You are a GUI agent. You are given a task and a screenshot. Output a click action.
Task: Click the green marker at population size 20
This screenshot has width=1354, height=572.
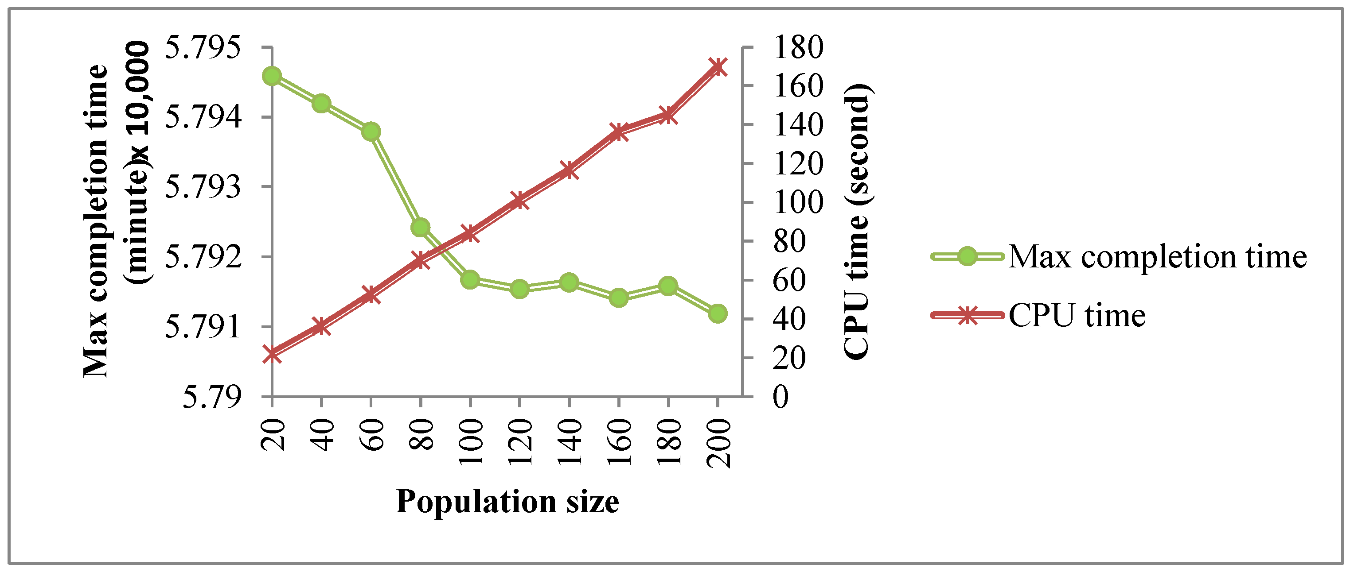click(x=272, y=76)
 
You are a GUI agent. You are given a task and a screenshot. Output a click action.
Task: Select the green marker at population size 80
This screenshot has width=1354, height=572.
click(x=421, y=228)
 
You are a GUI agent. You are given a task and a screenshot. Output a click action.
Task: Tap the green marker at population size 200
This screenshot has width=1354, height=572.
click(x=718, y=313)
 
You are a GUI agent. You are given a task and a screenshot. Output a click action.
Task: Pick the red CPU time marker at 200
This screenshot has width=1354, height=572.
click(x=718, y=67)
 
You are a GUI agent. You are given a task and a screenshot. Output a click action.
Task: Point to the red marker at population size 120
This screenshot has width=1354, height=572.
click(x=520, y=200)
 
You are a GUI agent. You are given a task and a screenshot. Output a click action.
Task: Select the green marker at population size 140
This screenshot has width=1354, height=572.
click(x=569, y=282)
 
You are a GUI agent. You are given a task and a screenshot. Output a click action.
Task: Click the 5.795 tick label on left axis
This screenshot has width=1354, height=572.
click(x=203, y=47)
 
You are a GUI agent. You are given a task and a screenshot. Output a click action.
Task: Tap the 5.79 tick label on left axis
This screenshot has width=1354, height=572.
click(x=212, y=397)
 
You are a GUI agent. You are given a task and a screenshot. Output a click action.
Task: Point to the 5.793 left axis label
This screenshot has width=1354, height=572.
click(x=203, y=187)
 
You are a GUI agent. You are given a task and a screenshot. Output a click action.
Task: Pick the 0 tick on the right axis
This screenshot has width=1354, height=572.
click(x=781, y=397)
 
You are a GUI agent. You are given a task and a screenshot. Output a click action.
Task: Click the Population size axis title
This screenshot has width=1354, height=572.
click(x=507, y=501)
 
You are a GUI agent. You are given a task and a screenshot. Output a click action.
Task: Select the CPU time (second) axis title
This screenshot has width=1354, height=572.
click(x=856, y=220)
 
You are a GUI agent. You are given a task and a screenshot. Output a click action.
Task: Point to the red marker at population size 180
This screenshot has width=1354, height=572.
click(x=668, y=115)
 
